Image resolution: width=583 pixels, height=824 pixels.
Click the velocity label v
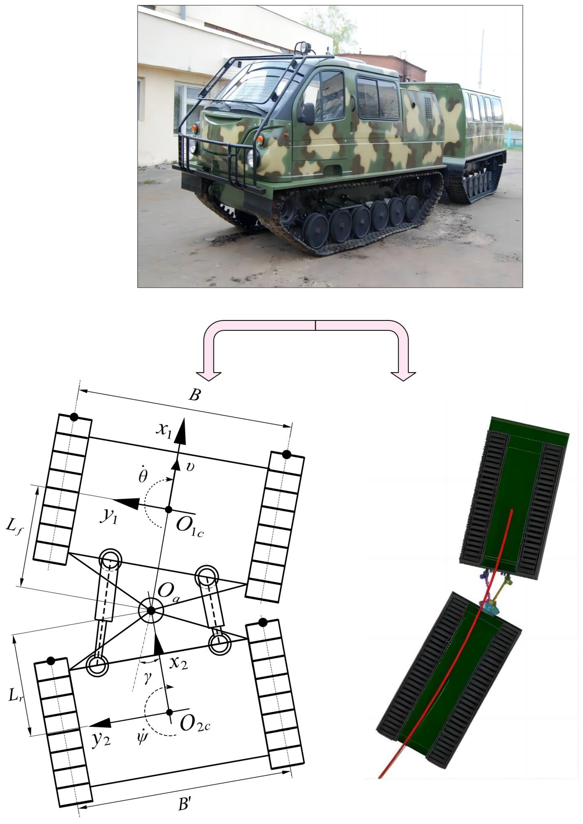(x=191, y=467)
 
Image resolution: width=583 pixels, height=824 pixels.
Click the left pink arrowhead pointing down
(x=209, y=375)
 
